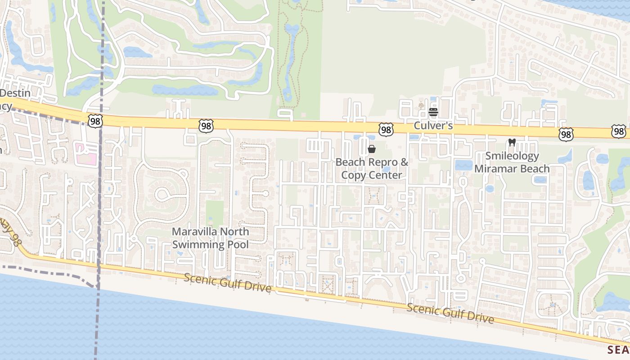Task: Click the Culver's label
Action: [x=433, y=126]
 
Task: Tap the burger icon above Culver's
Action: [x=433, y=112]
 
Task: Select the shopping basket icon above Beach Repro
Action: [x=372, y=149]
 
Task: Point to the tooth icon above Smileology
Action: [x=512, y=143]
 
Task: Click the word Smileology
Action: [x=512, y=156]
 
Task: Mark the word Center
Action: [x=385, y=175]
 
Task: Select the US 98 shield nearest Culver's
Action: [x=386, y=130]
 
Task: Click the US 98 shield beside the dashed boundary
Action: [x=95, y=120]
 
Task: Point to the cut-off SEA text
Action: [x=618, y=350]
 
